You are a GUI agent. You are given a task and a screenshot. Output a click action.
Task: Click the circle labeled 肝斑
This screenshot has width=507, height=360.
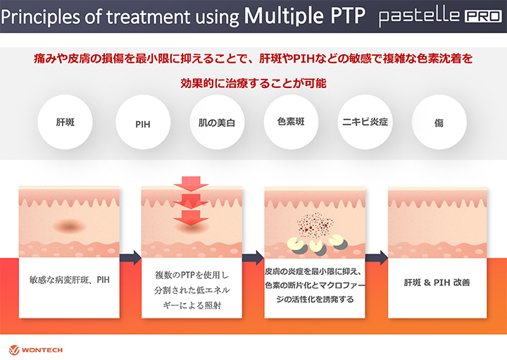65,122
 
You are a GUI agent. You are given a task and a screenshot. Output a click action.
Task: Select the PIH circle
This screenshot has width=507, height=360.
143,122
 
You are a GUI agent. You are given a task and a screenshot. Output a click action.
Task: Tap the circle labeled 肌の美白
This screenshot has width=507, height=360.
217,122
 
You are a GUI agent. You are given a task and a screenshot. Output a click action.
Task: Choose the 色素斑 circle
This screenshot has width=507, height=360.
291,122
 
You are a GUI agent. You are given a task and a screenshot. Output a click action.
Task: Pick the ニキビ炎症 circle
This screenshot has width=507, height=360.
365,122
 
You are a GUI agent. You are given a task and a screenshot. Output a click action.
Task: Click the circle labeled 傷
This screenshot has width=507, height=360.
439,122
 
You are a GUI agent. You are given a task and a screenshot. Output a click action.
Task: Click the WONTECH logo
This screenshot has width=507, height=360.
36,350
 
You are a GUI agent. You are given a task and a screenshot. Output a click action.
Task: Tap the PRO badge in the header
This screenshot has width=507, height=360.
483,16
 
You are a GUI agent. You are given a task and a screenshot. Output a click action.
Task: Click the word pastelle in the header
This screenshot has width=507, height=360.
420,16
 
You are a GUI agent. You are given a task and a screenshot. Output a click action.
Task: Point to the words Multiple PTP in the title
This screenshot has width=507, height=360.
305,15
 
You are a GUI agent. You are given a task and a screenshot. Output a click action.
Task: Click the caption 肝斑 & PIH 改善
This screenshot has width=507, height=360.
437,283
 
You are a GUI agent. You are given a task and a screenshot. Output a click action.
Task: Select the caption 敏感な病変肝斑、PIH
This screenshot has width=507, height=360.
69,280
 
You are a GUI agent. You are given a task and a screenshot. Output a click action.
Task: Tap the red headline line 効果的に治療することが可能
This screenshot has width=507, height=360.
254,83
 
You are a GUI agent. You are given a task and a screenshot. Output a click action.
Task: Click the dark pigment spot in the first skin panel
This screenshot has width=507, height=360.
69,225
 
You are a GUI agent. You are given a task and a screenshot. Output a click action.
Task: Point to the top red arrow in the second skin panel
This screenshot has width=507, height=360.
191,183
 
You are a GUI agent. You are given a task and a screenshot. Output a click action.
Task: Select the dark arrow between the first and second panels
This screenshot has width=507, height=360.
130,258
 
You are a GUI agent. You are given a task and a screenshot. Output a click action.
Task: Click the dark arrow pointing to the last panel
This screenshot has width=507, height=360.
377,258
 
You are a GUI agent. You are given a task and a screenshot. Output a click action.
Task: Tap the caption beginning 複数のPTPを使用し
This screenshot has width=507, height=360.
192,290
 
